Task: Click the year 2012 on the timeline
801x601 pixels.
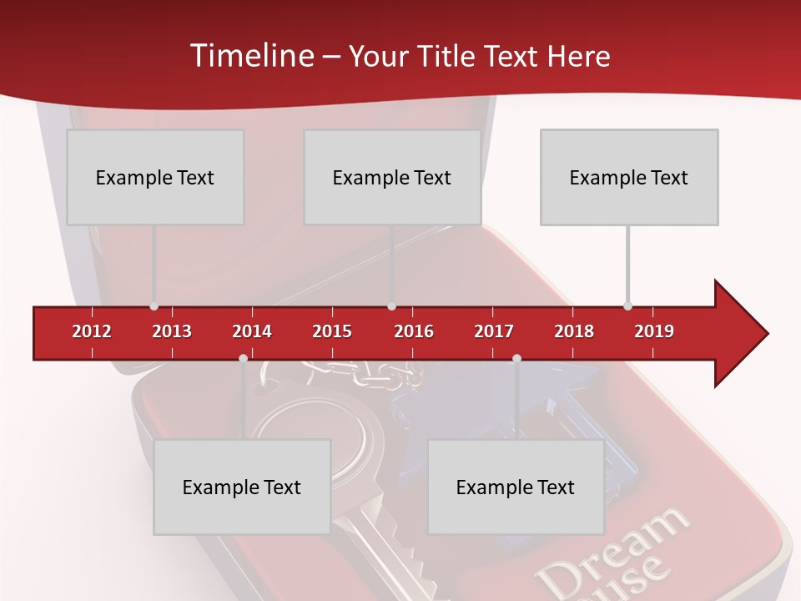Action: click(x=92, y=331)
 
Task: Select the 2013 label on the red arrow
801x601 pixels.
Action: click(x=172, y=331)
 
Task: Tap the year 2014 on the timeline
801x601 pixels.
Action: click(x=252, y=331)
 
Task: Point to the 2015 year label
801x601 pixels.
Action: click(x=332, y=331)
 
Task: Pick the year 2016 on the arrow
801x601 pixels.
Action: click(x=414, y=331)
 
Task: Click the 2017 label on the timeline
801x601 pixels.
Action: click(x=494, y=331)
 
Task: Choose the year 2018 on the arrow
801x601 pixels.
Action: click(x=574, y=331)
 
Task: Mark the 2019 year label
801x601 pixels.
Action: click(x=654, y=331)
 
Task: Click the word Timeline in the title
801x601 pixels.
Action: click(x=250, y=56)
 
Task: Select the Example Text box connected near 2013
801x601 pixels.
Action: click(x=155, y=177)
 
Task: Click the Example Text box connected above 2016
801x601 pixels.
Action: click(x=392, y=177)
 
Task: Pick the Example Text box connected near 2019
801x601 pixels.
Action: click(x=629, y=177)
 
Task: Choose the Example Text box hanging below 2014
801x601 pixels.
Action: click(x=242, y=487)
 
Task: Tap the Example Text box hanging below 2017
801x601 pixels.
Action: click(x=516, y=487)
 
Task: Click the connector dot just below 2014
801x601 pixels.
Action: click(x=243, y=358)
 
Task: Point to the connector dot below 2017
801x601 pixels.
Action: click(x=516, y=358)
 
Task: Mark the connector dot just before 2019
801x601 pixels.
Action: click(x=627, y=306)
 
